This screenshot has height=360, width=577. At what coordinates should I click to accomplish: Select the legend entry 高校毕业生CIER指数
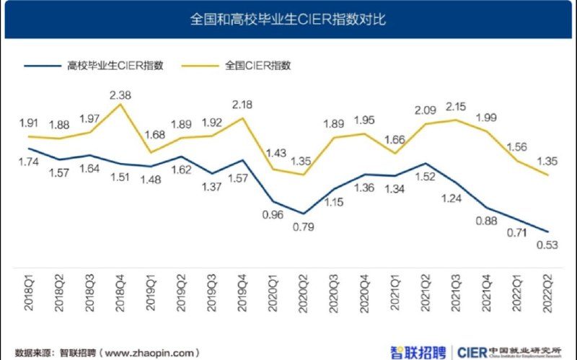pyautogui.click(x=115, y=66)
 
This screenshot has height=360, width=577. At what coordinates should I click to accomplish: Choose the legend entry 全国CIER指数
pyautogui.click(x=257, y=66)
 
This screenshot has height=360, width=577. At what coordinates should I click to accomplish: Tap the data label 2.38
pyautogui.click(x=120, y=95)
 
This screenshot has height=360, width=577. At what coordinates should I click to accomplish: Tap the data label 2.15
pyautogui.click(x=454, y=107)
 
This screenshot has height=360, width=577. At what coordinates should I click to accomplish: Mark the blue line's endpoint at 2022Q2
pyautogui.click(x=546, y=232)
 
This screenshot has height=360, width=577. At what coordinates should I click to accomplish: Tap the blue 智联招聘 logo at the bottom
pyautogui.click(x=419, y=352)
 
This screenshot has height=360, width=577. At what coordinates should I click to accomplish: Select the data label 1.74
pyautogui.click(x=30, y=162)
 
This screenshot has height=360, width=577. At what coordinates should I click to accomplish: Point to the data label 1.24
pyautogui.click(x=454, y=198)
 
